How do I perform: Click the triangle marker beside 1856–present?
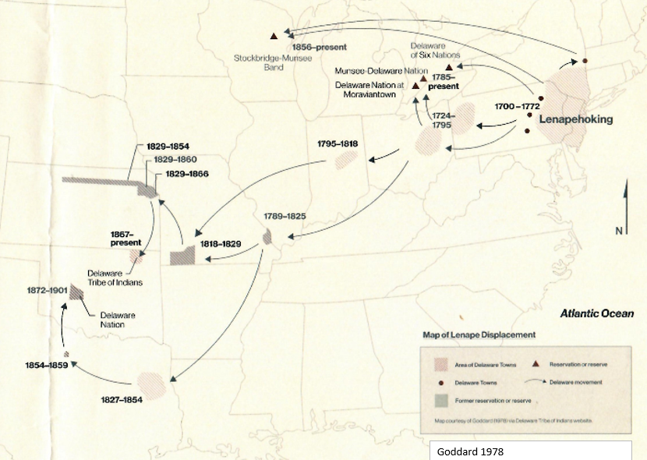[x=274, y=36]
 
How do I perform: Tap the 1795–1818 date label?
[x=338, y=144]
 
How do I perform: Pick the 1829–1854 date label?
[x=168, y=146]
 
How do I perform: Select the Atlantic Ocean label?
[x=596, y=314]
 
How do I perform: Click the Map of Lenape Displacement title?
[x=479, y=334]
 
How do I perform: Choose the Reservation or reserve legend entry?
[x=578, y=364]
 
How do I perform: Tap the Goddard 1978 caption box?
[x=530, y=451]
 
